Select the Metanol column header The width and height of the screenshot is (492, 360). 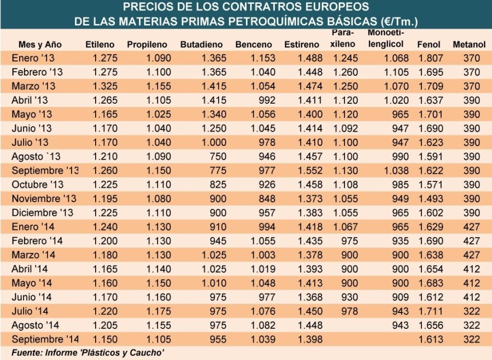tap(469, 44)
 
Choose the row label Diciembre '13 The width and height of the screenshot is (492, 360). tap(42, 212)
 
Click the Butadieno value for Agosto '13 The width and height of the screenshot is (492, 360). tap(215, 156)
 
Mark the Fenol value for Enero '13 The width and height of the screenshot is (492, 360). tap(429, 57)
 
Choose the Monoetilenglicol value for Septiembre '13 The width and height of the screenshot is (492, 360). tap(397, 170)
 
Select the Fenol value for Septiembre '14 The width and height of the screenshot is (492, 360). tap(429, 339)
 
